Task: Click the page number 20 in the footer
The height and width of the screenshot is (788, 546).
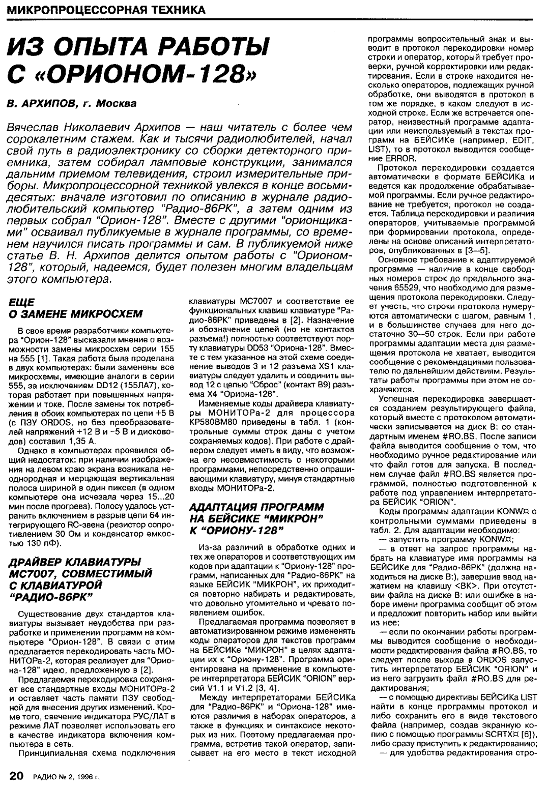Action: [x=16, y=775]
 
